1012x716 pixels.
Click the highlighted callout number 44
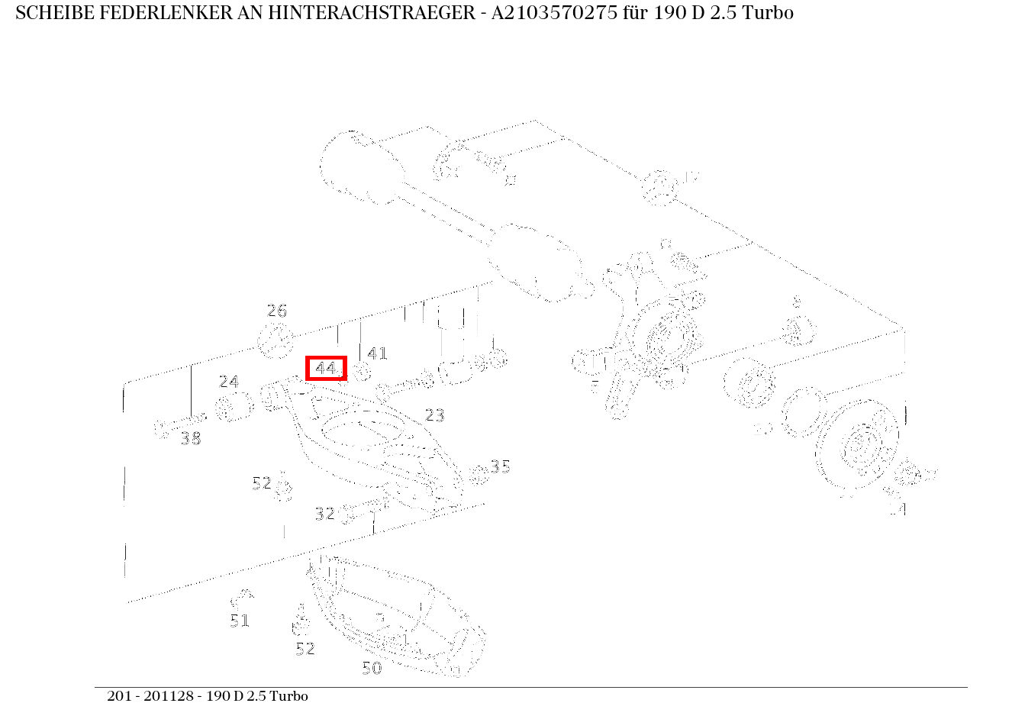326,369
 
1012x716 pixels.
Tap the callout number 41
378,353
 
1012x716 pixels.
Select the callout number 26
276,311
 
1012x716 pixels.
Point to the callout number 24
229,382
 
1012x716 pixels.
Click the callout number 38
191,439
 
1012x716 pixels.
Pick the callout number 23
434,415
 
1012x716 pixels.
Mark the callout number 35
501,466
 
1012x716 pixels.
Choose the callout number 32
325,514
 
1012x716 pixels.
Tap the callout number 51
240,621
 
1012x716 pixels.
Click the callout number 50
372,668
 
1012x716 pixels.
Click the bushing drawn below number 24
234,408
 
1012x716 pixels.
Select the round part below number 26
276,340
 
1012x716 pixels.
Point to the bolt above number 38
179,424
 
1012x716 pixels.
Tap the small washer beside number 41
361,372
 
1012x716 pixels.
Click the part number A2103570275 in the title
533,13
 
